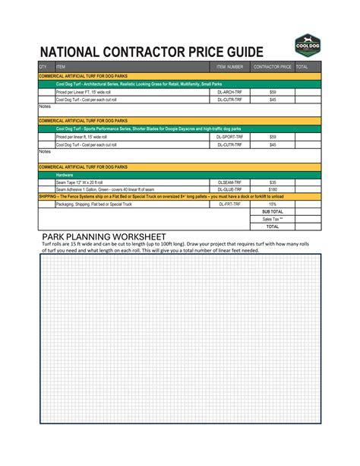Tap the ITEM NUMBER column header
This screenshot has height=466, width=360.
click(229, 67)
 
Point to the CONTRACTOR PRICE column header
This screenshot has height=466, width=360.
click(273, 67)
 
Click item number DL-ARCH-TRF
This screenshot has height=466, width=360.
click(229, 92)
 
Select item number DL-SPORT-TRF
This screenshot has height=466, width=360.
click(229, 137)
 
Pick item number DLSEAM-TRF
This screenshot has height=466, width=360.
click(229, 182)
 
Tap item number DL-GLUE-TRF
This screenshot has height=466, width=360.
click(229, 189)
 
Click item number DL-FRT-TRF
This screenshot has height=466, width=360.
click(229, 204)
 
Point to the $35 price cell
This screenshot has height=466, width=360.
click(273, 182)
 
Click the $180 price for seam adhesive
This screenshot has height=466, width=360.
click(273, 189)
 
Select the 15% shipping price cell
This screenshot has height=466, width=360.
click(273, 204)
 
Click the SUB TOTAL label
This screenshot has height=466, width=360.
click(272, 211)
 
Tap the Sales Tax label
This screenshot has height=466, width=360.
click(272, 219)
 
